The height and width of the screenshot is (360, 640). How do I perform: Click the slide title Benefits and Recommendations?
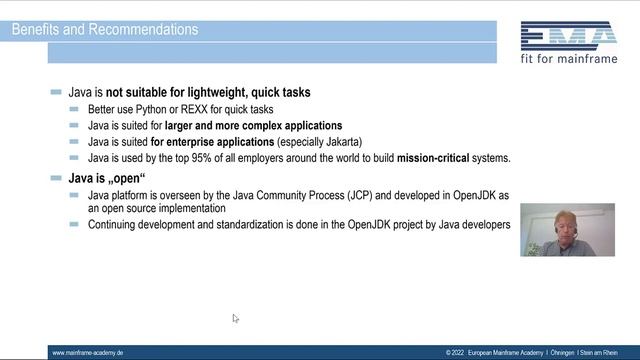(105, 29)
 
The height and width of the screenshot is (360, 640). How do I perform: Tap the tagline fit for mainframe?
(568, 60)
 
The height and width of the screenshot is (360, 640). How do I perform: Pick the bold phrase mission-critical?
(439, 158)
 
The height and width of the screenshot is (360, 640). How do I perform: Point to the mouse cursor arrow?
(235, 318)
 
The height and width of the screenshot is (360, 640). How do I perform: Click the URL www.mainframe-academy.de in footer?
(87, 353)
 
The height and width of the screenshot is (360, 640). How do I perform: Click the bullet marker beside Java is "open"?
(56, 178)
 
